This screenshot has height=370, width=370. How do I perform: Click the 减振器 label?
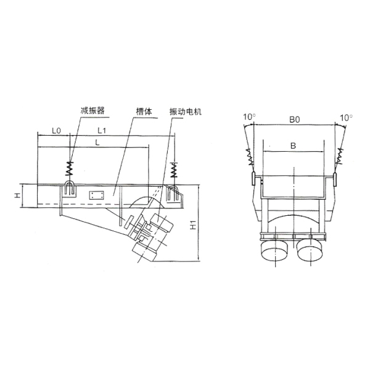point(92,110)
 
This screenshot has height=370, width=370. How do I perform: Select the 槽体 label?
point(144,111)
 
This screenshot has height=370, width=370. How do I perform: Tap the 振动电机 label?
point(186,112)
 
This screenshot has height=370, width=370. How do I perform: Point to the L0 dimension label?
point(56,131)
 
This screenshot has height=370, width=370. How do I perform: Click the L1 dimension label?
point(102,130)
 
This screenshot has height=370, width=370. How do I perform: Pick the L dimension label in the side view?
point(97,142)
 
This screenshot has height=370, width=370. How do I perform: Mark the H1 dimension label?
point(193,225)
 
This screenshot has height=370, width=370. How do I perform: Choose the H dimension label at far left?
point(17,195)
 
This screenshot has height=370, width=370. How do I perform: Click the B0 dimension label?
point(295,120)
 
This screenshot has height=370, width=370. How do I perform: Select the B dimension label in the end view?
point(293,146)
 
